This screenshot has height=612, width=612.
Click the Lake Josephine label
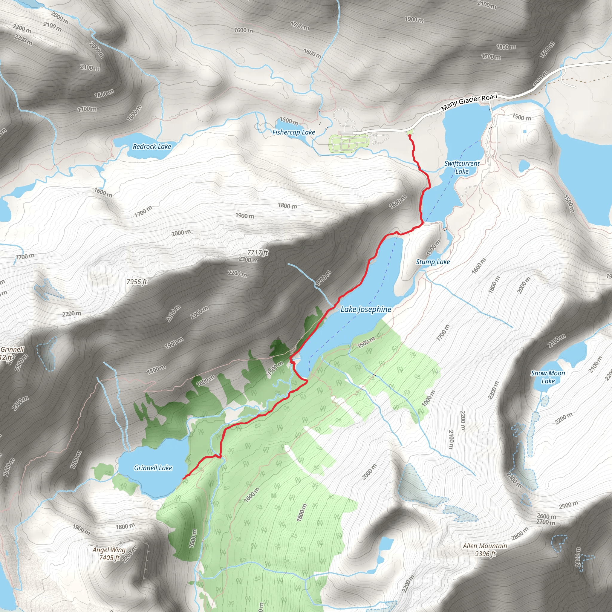pos(366,309)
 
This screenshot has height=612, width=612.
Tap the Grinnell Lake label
pos(153,468)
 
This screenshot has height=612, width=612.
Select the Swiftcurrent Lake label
pos(462,167)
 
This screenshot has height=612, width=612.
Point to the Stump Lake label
pos(433,262)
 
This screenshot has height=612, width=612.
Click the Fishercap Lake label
pos(294,132)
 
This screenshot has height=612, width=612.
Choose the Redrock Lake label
pos(152,146)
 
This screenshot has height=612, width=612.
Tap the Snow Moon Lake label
pos(548,377)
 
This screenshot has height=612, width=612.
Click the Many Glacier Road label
pos(469,102)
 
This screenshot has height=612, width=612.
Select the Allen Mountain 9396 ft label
pos(485,550)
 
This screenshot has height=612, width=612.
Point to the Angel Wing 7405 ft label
pos(109,553)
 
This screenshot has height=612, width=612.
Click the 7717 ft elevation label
pos(258,253)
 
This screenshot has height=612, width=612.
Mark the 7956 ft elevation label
pos(137,281)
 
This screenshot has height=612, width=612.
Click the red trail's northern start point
pos(410,136)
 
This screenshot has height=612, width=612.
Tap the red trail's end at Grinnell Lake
pos(184,478)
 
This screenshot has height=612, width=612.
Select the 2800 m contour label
pos(520,533)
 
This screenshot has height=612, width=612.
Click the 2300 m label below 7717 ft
pos(248,260)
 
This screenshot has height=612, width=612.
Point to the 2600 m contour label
pos(547,516)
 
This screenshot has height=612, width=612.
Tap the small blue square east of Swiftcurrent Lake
pos(525,131)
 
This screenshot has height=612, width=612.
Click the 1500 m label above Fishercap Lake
pos(289,121)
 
